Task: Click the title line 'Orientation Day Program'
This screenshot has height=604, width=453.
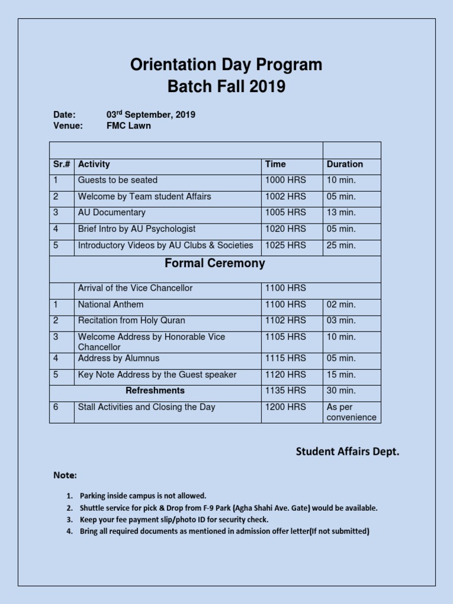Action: click(x=226, y=65)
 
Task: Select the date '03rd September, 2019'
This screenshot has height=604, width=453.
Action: click(x=150, y=114)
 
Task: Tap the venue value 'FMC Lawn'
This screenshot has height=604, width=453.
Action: click(x=128, y=126)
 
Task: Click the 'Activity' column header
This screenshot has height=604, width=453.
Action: click(x=94, y=165)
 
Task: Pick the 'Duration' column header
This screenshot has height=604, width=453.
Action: click(x=344, y=165)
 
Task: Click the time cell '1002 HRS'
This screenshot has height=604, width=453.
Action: click(x=285, y=196)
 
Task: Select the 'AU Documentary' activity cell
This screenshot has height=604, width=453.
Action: click(x=111, y=212)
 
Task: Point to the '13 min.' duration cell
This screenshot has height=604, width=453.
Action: click(x=341, y=212)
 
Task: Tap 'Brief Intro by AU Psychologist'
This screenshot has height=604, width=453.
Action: click(x=136, y=229)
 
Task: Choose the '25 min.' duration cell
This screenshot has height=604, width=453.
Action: click(x=341, y=245)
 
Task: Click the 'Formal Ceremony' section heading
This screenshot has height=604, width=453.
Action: click(x=215, y=264)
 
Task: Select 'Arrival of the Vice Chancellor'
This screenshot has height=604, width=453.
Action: click(x=135, y=288)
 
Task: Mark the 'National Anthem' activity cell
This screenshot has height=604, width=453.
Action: click(x=110, y=305)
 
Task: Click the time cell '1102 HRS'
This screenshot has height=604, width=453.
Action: click(x=285, y=321)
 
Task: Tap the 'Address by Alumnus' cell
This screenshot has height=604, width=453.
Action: click(x=119, y=359)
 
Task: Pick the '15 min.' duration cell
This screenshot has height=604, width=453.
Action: click(x=341, y=375)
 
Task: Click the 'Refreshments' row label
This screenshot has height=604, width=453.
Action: click(x=155, y=390)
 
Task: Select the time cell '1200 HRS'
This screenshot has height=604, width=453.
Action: click(x=285, y=407)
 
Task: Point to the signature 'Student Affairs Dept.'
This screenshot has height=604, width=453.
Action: click(x=347, y=452)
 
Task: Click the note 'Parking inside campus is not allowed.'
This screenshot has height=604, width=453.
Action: click(x=143, y=496)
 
